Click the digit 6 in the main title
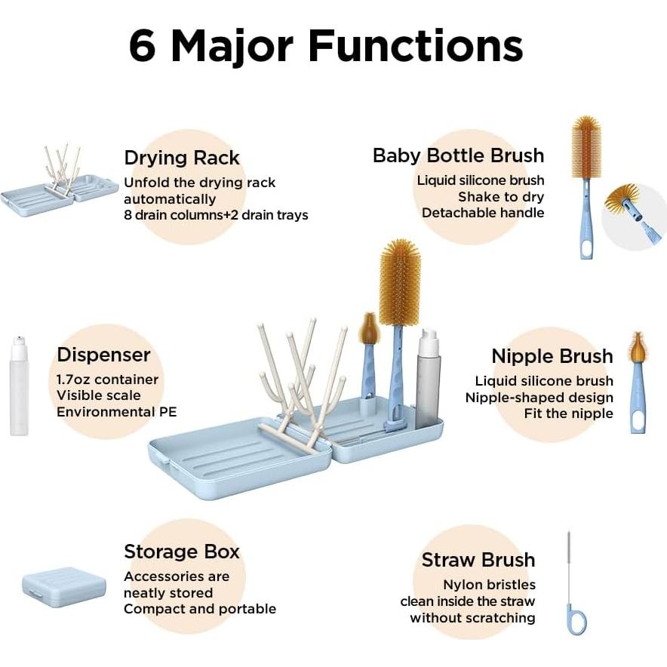click(142, 45)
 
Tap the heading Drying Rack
click(182, 158)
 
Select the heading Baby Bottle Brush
click(458, 155)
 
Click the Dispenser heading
click(103, 355)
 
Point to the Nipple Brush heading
click(552, 356)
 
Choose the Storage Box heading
click(182, 552)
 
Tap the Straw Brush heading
click(478, 560)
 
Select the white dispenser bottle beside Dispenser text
click(19, 386)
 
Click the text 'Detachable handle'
click(483, 213)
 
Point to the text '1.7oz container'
click(107, 380)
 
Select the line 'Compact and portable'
click(200, 609)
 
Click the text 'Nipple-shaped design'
click(539, 398)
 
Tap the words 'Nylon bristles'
click(489, 585)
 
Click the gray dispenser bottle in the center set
click(427, 379)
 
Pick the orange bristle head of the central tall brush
click(399, 283)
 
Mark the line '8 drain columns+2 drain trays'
click(216, 215)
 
